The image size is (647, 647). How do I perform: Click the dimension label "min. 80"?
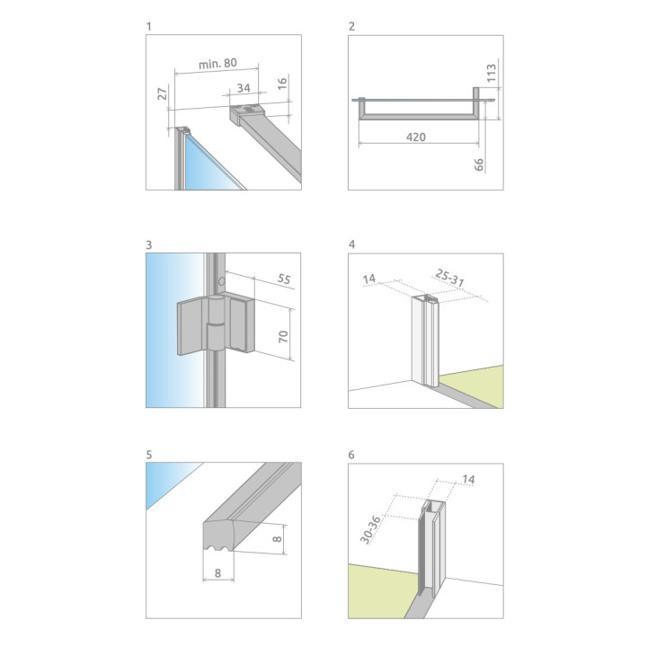click(x=217, y=64)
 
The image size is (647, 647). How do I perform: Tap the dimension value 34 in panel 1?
click(x=244, y=88)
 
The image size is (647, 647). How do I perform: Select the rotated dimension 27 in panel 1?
click(x=163, y=93)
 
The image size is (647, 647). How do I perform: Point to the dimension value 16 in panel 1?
click(x=282, y=84)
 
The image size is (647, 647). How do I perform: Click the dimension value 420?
click(x=416, y=137)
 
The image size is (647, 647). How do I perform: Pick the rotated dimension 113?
click(x=491, y=73)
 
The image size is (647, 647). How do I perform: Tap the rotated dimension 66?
click(x=479, y=164)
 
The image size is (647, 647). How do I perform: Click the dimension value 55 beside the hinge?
click(x=284, y=279)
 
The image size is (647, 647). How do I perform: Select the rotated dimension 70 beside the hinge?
click(x=283, y=337)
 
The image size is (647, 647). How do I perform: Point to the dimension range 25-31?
click(x=450, y=278)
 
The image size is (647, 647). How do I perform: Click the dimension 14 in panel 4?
click(x=369, y=279)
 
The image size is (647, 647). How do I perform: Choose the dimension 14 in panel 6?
click(x=468, y=480)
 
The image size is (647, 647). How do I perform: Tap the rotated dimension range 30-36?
click(x=370, y=529)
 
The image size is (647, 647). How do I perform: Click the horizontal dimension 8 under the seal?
click(x=217, y=573)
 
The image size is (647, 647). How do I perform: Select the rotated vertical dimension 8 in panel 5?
click(x=278, y=539)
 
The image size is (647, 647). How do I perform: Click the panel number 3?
click(x=149, y=245)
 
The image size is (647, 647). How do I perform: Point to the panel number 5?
click(x=149, y=455)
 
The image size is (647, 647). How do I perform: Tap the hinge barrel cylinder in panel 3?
click(x=216, y=323)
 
